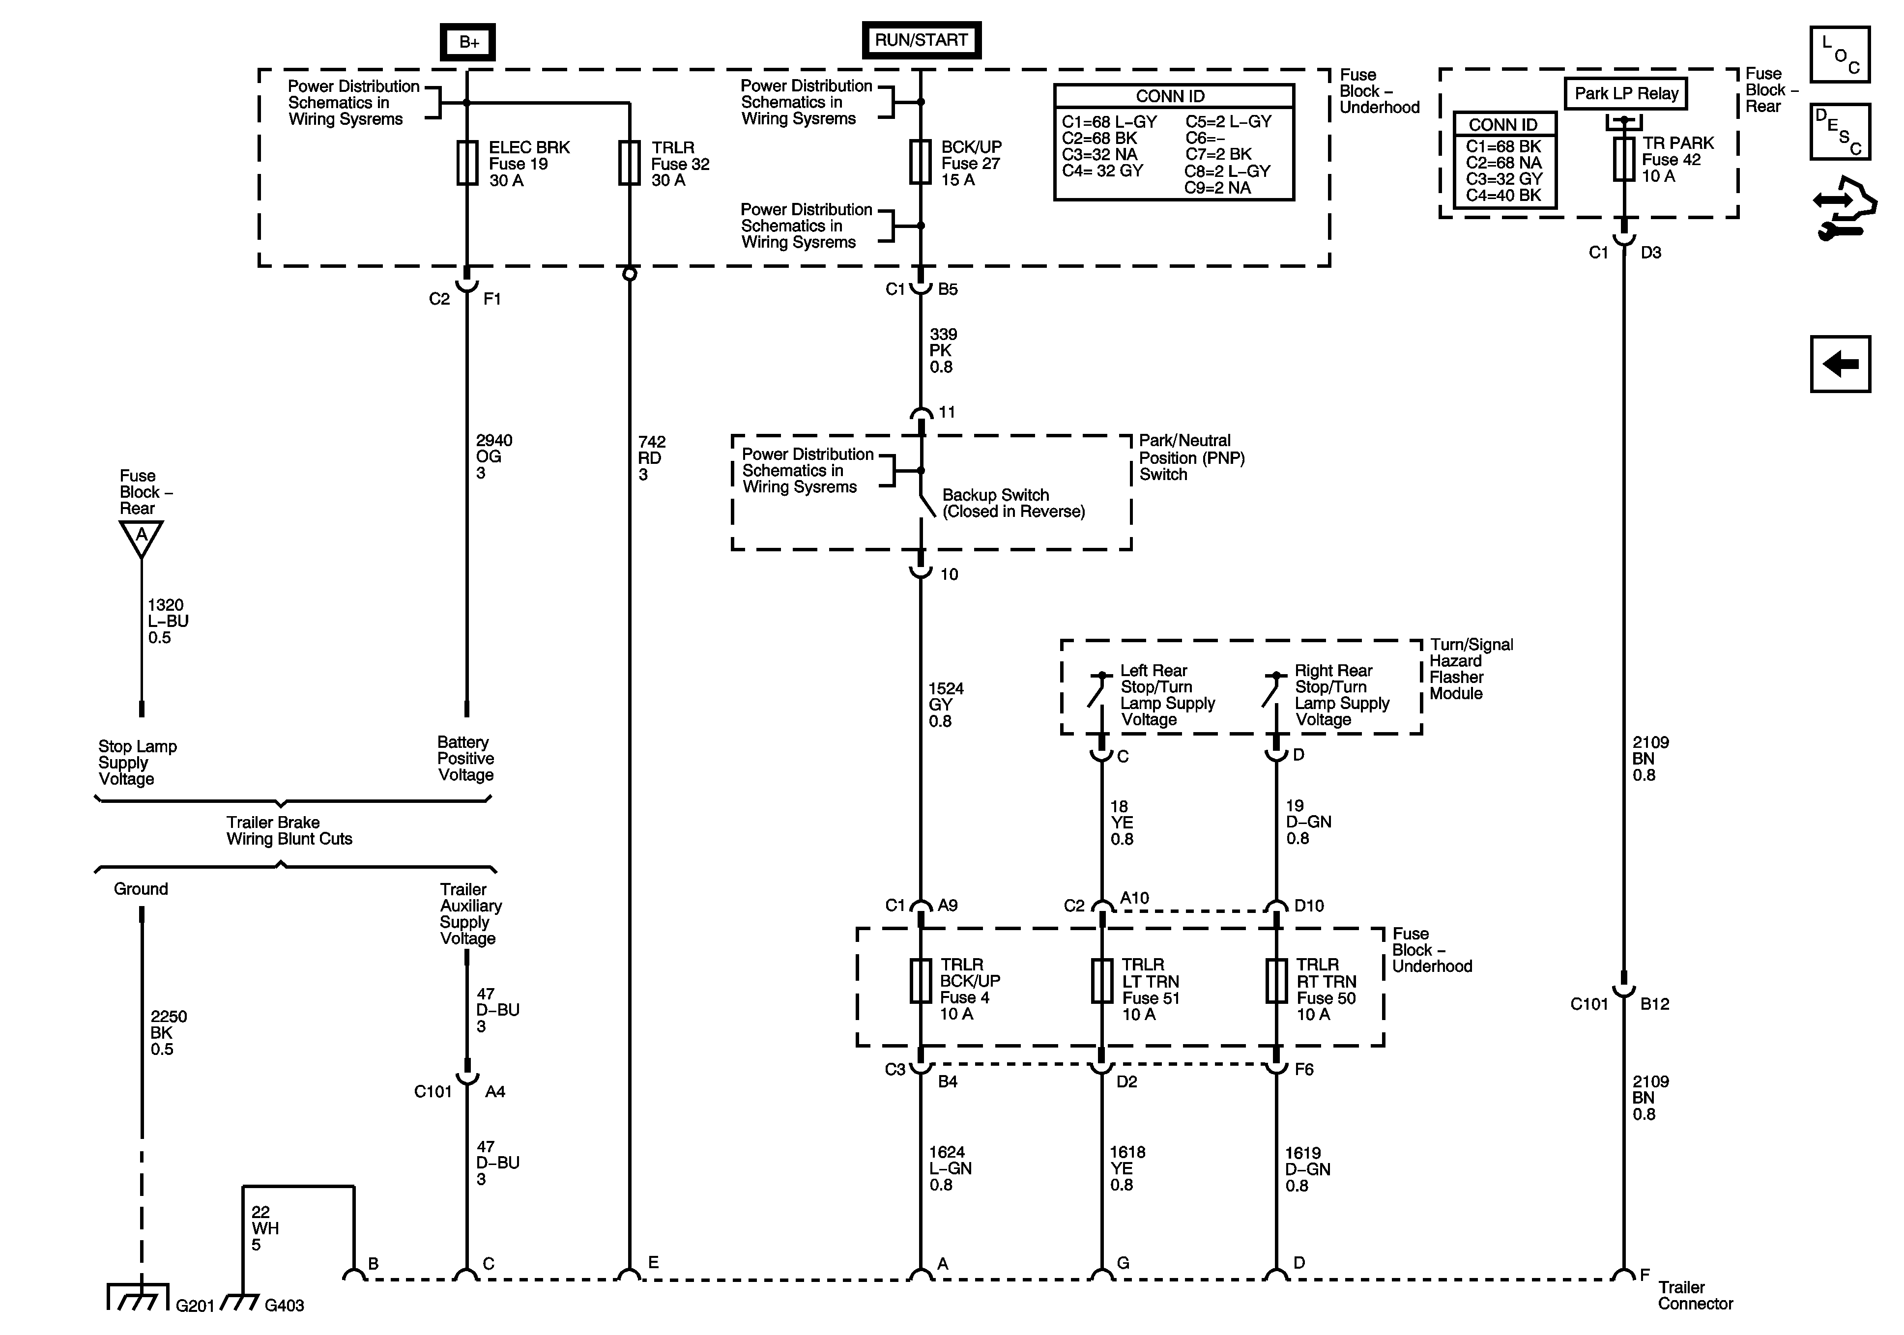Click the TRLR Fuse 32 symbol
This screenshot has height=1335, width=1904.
point(630,163)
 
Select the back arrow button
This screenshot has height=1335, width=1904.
point(1840,363)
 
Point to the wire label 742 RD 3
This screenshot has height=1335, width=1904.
point(651,458)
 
